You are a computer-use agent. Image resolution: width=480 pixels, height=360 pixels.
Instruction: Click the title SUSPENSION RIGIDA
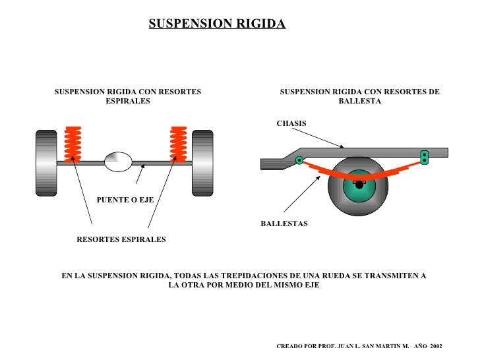coord(217,24)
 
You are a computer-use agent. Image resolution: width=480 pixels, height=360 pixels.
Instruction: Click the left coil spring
coord(72,143)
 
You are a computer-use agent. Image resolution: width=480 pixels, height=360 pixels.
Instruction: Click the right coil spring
coord(178,143)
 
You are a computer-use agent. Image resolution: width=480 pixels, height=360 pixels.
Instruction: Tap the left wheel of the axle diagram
coord(47,163)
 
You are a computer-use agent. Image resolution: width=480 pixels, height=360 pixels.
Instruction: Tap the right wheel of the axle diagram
coord(202,163)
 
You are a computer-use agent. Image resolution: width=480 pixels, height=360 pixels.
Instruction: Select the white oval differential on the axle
coord(119,162)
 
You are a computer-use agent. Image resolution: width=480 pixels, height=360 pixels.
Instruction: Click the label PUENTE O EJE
coord(125,200)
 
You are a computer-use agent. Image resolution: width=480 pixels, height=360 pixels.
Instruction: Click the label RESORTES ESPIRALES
coord(121,239)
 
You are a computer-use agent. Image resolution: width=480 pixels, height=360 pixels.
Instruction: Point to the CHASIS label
coord(291,124)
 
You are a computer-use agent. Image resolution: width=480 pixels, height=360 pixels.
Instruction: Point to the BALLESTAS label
coord(284,224)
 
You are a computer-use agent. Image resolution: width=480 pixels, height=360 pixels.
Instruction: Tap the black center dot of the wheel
coord(359,185)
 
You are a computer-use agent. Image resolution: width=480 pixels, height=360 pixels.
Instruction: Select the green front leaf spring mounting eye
coord(299,160)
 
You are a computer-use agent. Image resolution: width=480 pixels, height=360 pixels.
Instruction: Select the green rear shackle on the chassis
coord(425,157)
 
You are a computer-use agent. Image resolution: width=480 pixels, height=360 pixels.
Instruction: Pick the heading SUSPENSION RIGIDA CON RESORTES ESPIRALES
coord(128,97)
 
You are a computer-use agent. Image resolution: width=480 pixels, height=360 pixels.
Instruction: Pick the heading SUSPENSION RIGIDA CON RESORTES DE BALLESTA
coord(359,97)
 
